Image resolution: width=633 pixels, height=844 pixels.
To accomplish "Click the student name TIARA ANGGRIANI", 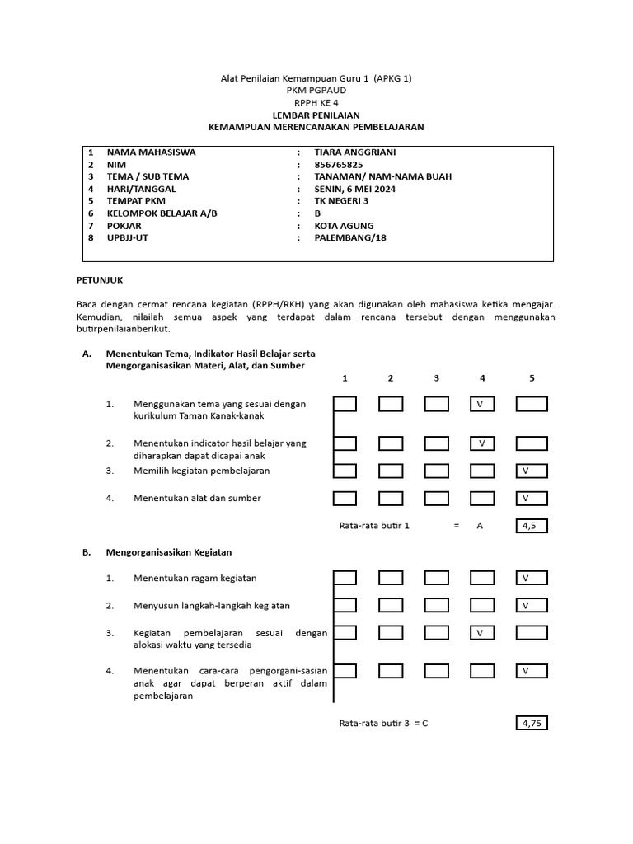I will click(350, 152).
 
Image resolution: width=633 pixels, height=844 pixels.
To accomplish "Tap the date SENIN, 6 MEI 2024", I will click(355, 189).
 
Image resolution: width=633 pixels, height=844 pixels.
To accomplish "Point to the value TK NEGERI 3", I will click(342, 201).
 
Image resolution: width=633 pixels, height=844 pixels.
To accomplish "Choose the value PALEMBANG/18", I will click(350, 237).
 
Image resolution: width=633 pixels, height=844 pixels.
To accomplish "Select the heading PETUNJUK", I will click(99, 280).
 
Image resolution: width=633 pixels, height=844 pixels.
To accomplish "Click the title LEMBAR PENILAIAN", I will click(316, 115).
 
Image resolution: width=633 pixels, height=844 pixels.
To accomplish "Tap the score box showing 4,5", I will click(531, 525).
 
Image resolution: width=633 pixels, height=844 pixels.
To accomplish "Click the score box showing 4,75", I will click(531, 723).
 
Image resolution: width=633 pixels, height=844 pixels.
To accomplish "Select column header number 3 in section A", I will click(436, 378).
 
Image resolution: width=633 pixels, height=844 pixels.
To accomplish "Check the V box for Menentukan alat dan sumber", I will click(531, 498).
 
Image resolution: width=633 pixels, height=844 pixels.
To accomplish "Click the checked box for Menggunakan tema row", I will click(482, 404).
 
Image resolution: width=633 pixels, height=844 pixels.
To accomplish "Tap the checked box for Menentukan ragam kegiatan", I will click(531, 578).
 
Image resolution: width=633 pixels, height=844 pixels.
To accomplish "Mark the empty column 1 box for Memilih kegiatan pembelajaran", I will click(345, 471).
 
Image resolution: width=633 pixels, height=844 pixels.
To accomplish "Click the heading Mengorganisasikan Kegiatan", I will click(169, 552).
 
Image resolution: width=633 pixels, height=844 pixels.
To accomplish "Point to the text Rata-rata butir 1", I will click(374, 525).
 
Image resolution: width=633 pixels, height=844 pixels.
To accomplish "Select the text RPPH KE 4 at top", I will click(316, 103).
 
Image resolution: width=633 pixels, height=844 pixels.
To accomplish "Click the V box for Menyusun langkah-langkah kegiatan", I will click(531, 605).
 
